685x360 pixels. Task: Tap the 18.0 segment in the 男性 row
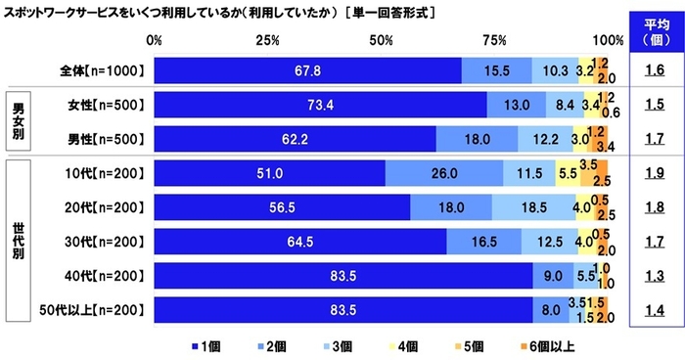pos(477,140)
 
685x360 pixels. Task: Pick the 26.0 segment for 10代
pos(444,174)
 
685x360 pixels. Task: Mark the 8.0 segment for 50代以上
pos(551,311)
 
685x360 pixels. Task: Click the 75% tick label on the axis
pos(495,40)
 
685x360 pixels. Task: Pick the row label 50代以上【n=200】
pos(95,311)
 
